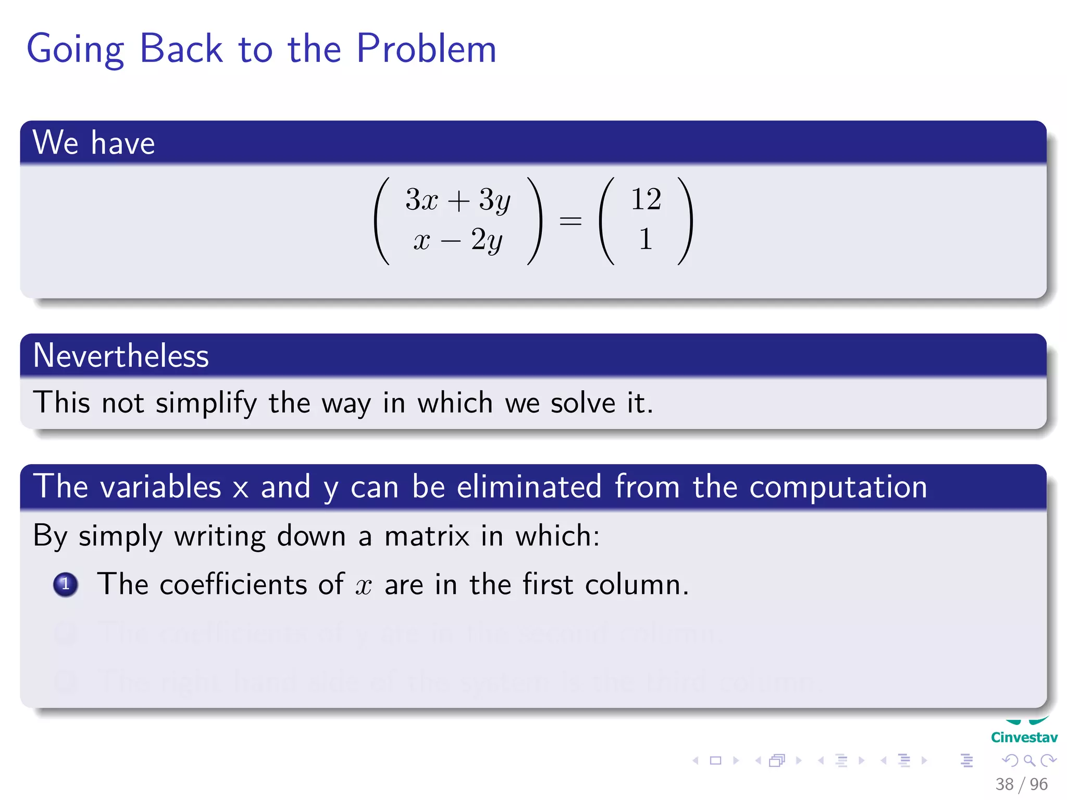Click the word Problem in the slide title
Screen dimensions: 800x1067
pos(426,49)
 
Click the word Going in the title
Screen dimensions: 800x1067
pos(75,50)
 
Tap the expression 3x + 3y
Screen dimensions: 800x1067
pos(458,199)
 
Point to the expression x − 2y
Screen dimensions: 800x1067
pos(458,240)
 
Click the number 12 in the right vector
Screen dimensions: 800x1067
pos(646,199)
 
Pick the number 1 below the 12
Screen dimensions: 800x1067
pos(646,240)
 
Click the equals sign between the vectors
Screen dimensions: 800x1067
pos(570,221)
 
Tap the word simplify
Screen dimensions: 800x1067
pos(206,403)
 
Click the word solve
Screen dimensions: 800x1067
pos(583,403)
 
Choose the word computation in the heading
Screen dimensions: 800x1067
pos(838,488)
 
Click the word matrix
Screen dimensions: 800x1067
pos(427,535)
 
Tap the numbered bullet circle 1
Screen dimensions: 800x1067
pos(66,584)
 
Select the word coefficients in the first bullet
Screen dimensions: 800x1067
pos(233,584)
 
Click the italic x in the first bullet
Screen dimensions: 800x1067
pos(364,585)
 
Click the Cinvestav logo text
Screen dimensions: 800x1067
pos(1024,737)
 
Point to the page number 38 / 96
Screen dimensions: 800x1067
pos(1021,784)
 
